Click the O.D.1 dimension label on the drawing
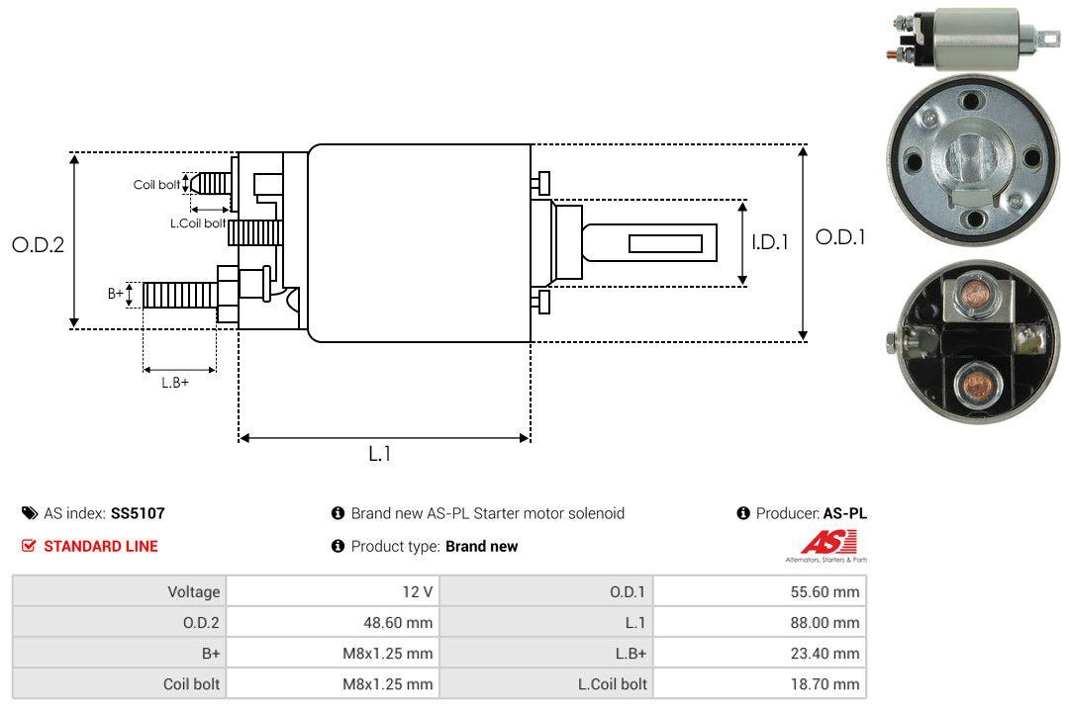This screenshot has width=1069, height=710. pos(840,237)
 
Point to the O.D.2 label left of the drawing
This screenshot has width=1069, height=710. pos(38,244)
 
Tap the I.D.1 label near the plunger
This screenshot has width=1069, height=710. pos(769,241)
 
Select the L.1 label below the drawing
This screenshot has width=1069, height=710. pos(380,454)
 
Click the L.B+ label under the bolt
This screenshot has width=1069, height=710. pos(175,382)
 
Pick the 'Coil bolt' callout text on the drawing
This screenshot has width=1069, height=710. pos(156,185)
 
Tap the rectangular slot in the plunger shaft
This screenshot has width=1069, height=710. pos(665,243)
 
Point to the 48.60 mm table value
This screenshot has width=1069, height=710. pos(402,623)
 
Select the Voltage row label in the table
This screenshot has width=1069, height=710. pos(193,592)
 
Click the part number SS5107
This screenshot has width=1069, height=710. pos(138,513)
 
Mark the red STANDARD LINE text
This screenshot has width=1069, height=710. pos(100,546)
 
